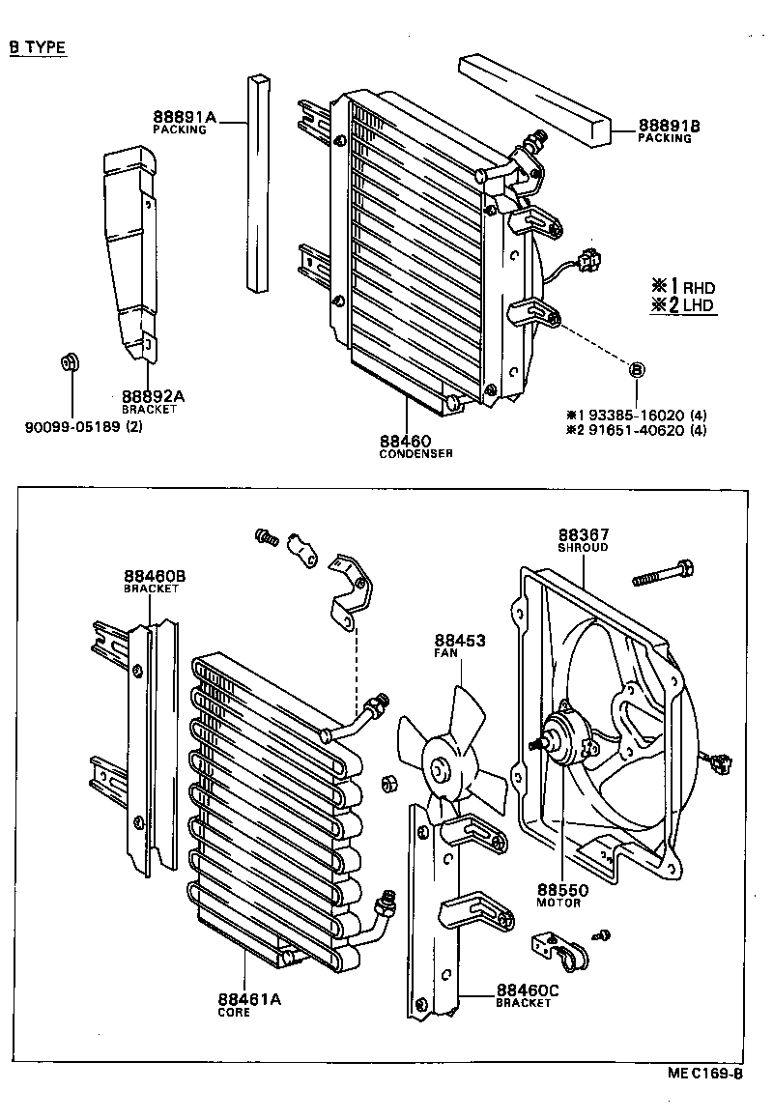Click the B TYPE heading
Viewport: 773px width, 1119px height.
tap(38, 47)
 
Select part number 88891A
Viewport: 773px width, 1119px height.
tap(184, 119)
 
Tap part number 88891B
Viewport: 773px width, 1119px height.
tap(669, 126)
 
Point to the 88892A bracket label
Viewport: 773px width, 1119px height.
tap(153, 396)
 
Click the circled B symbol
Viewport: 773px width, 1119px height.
tap(637, 369)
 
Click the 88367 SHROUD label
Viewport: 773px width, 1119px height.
tap(584, 535)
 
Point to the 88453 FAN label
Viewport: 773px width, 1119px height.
tap(459, 641)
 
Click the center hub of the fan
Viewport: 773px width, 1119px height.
tap(440, 770)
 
